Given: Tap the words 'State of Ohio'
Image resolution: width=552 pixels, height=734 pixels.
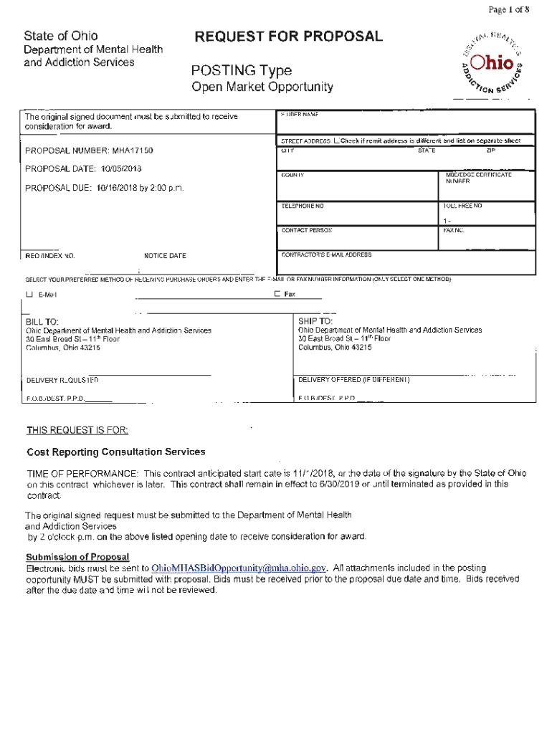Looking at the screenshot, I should coord(61,36).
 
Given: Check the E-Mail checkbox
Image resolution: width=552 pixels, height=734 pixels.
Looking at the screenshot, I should coord(30,295).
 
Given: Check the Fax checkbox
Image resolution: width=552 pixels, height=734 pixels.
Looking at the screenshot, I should coord(277,294).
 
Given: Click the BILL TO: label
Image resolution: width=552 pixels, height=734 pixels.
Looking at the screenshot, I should coord(42,322).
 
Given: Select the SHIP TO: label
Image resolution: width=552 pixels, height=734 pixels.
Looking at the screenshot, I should coord(315,321).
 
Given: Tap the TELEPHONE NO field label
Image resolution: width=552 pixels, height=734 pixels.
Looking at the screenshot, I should coord(303,206).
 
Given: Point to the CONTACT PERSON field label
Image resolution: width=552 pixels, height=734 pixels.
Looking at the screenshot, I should coord(306,231).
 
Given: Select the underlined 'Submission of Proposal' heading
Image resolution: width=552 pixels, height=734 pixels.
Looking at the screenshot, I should coord(77,557).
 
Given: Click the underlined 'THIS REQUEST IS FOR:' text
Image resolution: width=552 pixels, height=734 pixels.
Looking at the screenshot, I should coord(77,430).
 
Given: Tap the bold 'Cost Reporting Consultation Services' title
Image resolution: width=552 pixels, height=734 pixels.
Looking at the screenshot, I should coord(116,452).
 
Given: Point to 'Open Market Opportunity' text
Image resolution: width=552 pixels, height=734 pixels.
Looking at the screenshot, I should coord(262,87).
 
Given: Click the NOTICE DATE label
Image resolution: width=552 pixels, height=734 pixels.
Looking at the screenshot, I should coord(165,256).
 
